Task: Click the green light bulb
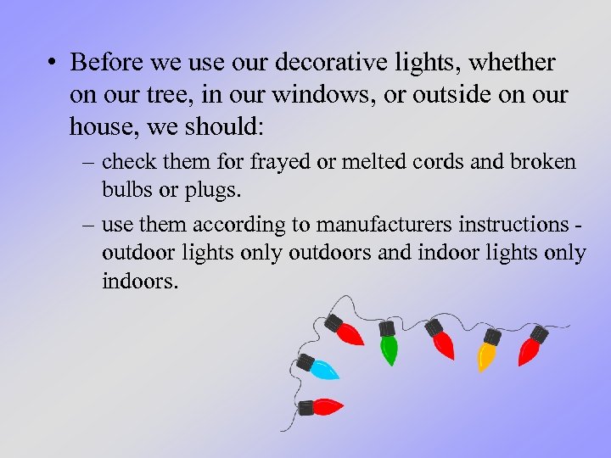click(389, 349)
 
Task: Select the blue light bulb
click(324, 369)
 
